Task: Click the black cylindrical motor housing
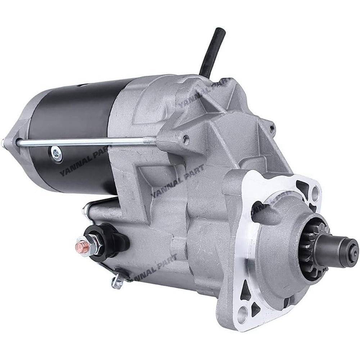tap(72, 119)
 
